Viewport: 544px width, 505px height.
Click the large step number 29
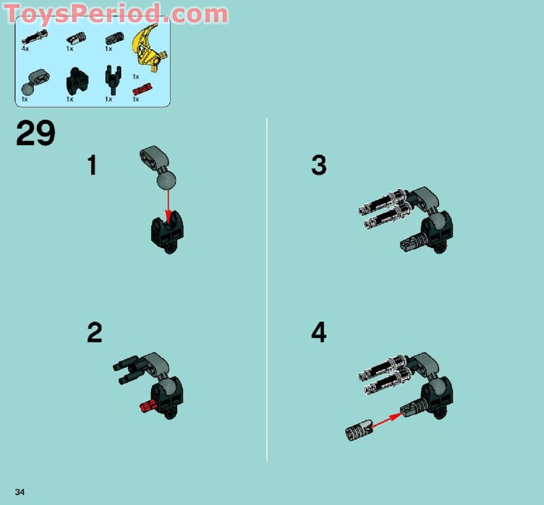36,134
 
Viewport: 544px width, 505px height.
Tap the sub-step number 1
92,166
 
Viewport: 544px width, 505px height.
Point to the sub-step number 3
319,165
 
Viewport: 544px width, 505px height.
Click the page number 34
20,492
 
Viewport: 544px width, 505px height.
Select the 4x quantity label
25,49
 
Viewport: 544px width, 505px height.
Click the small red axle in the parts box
142,89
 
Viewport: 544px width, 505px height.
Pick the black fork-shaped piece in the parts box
110,80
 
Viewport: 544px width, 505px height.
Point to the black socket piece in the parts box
73,81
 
